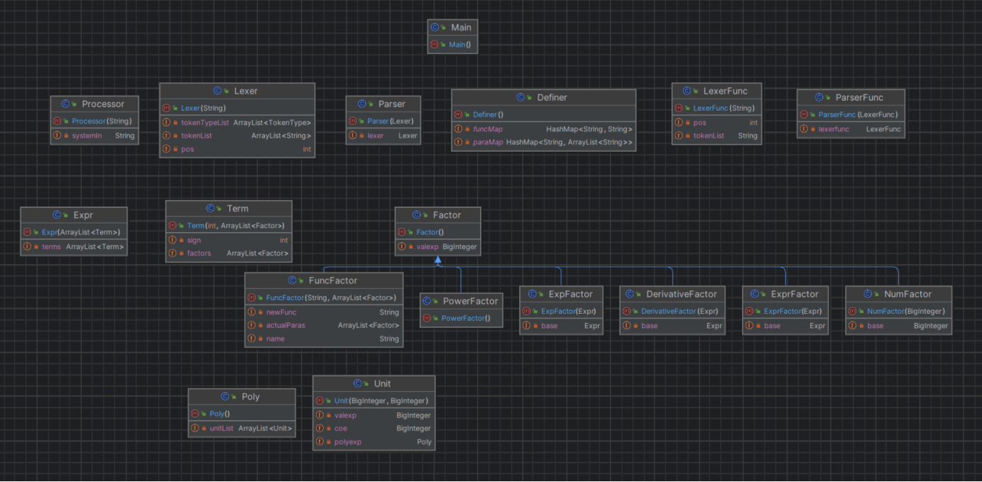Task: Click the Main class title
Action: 462,27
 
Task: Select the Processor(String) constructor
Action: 102,121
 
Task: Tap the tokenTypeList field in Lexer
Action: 204,123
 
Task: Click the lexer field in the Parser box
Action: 376,136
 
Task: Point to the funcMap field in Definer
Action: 488,129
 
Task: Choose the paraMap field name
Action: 488,143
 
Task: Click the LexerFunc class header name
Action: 725,91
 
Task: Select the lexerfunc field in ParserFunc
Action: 834,129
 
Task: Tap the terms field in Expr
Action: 51,247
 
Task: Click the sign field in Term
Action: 194,240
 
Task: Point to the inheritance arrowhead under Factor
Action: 438,260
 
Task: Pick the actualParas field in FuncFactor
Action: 285,325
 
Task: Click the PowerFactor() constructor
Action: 466,318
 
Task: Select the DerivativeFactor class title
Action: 681,294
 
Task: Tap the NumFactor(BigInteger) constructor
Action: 906,311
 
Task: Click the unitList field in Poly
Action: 221,428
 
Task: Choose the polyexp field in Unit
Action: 348,442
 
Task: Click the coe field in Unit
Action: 341,428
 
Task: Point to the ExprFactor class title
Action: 795,294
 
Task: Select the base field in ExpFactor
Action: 550,326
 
